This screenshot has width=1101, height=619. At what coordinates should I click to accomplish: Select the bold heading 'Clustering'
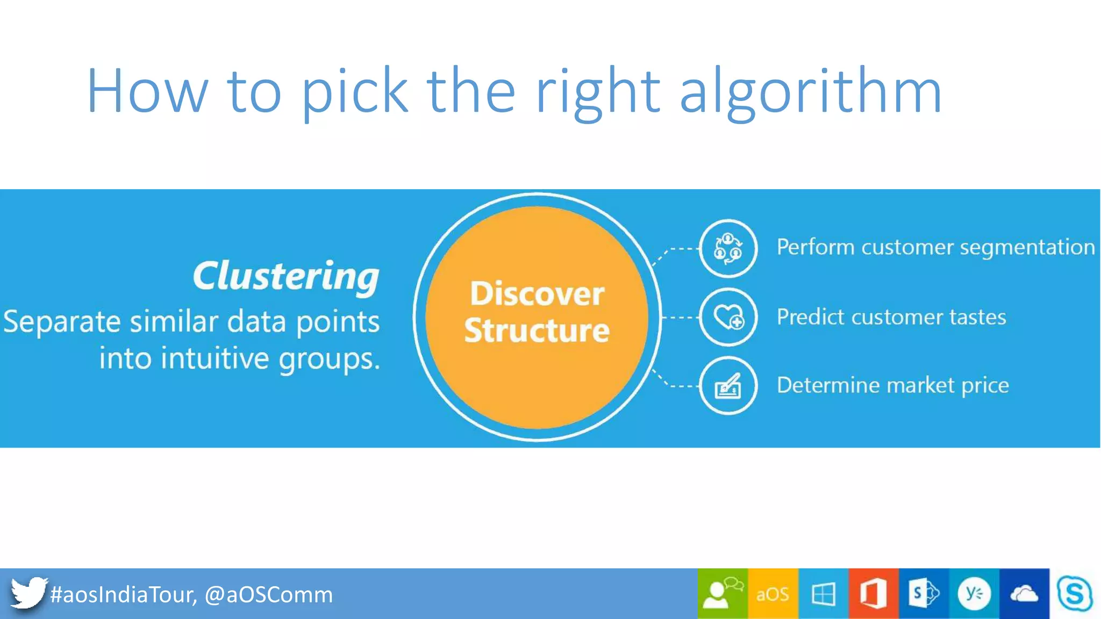point(286,277)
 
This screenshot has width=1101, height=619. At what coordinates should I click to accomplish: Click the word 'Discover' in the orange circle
point(537,294)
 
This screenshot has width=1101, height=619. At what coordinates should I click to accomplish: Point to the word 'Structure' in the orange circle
point(537,330)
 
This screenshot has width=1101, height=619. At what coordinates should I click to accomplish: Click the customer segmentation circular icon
point(728,248)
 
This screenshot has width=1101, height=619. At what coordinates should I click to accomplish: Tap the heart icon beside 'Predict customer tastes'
point(728,317)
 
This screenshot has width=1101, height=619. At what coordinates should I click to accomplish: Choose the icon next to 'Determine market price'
point(728,385)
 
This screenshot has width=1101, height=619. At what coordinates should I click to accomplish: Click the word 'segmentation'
point(1027,248)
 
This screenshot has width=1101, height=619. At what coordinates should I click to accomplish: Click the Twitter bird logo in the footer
point(28,593)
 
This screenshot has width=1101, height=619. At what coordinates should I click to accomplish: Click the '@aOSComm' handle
point(269,595)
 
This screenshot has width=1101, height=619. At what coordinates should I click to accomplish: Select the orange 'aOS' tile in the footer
point(773,594)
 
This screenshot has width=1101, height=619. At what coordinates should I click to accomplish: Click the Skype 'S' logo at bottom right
point(1074,594)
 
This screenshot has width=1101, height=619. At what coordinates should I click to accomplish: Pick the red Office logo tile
point(873,594)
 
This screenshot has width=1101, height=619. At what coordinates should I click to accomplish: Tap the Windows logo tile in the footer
point(823,594)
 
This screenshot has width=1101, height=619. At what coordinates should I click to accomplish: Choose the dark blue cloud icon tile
point(1024,594)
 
